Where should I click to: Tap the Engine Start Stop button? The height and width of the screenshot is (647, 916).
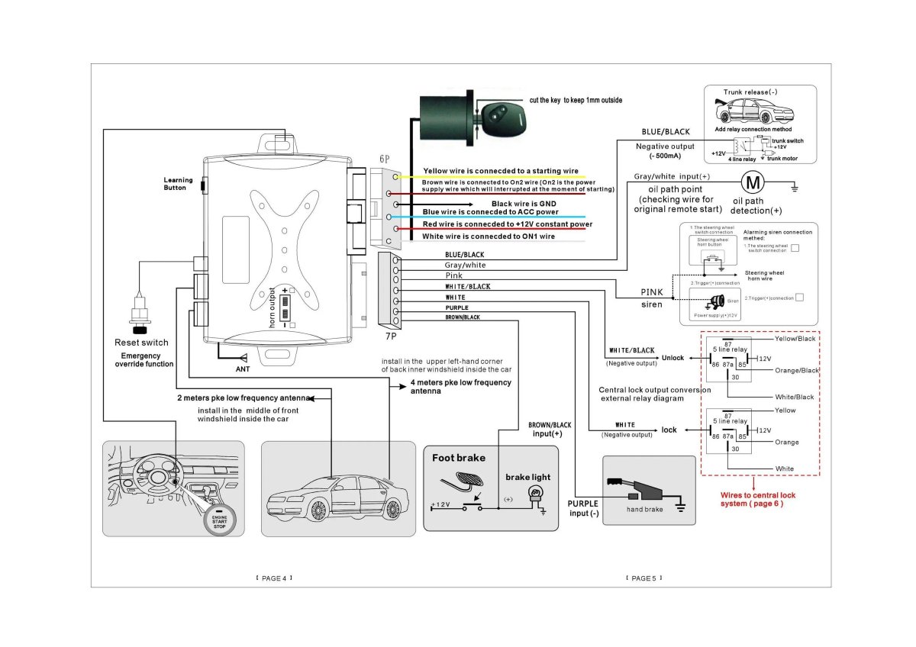click(219, 520)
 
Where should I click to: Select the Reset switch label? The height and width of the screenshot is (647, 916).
click(141, 343)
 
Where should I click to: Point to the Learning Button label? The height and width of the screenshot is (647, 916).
click(175, 184)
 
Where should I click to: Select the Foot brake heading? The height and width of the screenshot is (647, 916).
click(458, 458)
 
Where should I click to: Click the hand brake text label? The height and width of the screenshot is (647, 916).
click(644, 509)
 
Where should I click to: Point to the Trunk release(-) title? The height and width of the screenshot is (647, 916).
click(750, 92)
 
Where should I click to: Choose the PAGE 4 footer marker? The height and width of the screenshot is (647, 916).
click(274, 578)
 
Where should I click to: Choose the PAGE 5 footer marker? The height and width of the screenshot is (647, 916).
click(643, 578)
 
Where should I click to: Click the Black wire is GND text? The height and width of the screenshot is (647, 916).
click(525, 204)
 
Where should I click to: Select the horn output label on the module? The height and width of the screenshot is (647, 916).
click(272, 307)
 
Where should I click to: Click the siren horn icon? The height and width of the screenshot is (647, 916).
click(717, 300)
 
